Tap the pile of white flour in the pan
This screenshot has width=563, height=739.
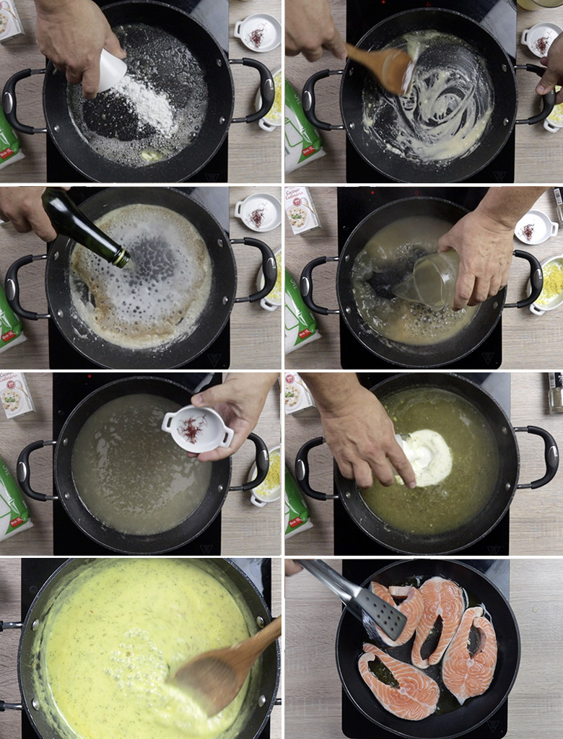pyautogui.click(x=148, y=105)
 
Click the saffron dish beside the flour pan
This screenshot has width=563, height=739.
pyautogui.click(x=257, y=32)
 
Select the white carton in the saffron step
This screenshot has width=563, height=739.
pyautogui.click(x=16, y=395)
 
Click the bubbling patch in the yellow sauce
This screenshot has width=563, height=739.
pyautogui.click(x=137, y=657)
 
